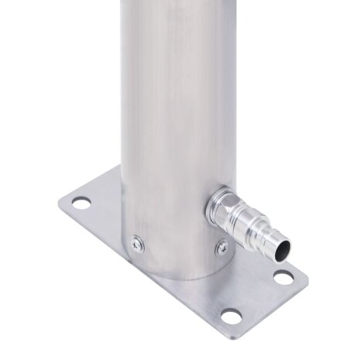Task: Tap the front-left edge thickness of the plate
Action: [132, 271]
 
